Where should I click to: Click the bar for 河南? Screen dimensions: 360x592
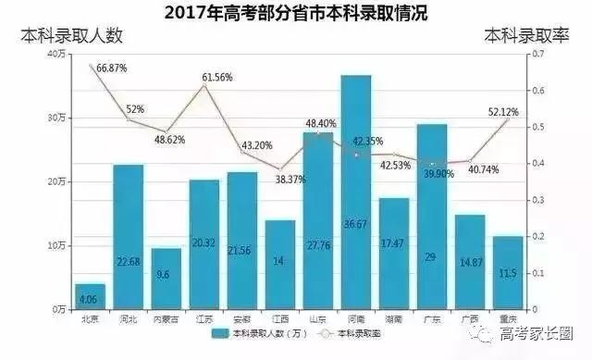coord(356,194)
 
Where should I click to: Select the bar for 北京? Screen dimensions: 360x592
coord(90,296)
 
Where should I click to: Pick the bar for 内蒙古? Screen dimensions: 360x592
coord(166,279)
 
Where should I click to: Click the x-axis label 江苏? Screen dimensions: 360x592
coord(204,319)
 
